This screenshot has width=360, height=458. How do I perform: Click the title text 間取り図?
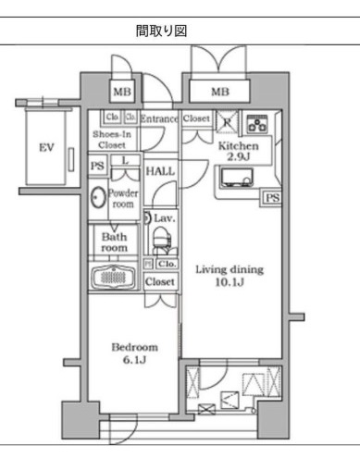(162, 31)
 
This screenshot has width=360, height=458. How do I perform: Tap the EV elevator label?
(44, 148)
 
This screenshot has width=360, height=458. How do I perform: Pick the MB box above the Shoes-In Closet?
(121, 93)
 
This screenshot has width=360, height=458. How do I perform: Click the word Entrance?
(160, 118)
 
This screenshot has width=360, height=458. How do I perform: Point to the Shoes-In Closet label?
(114, 139)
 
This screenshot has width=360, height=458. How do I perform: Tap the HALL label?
(160, 171)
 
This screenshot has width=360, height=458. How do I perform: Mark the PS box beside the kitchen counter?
(271, 198)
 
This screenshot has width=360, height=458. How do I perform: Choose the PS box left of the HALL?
(98, 167)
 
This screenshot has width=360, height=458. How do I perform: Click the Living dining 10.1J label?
(229, 276)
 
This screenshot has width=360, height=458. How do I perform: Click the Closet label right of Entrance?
(197, 118)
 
